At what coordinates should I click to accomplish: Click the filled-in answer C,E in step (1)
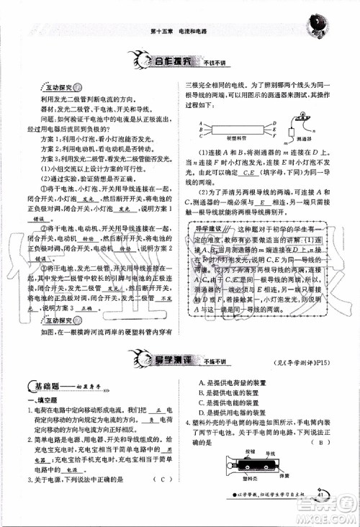coord(250,173)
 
